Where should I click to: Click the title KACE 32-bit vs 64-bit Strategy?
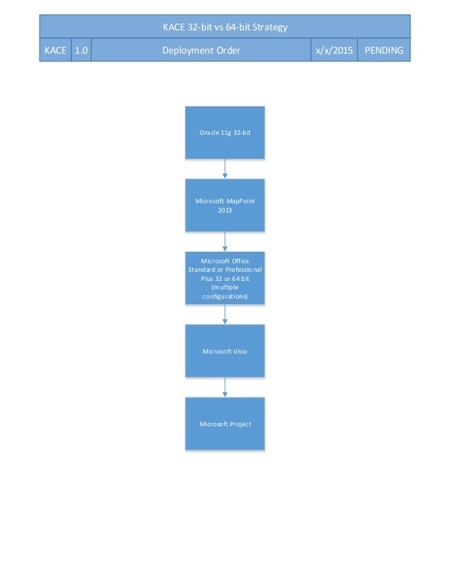pyautogui.click(x=225, y=28)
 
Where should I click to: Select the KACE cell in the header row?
pyautogui.click(x=55, y=51)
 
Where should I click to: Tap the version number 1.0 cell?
pyautogui.click(x=81, y=51)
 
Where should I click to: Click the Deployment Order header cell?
pyautogui.click(x=201, y=51)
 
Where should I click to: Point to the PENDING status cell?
pyautogui.click(x=384, y=51)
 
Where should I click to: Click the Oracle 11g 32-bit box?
pyautogui.click(x=225, y=132)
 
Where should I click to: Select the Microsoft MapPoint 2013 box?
pyautogui.click(x=225, y=205)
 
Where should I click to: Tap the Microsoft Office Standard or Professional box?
pyautogui.click(x=225, y=278)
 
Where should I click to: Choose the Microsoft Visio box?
pyautogui.click(x=225, y=351)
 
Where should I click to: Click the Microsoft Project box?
pyautogui.click(x=225, y=423)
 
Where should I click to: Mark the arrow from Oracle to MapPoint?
pyautogui.click(x=225, y=169)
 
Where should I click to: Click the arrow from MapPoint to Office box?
pyautogui.click(x=225, y=241)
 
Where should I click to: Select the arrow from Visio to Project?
pyautogui.click(x=225, y=387)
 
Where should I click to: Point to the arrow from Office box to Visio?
pyautogui.click(x=225, y=314)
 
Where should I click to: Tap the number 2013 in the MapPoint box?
pyautogui.click(x=225, y=210)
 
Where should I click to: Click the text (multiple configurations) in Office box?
pyautogui.click(x=225, y=292)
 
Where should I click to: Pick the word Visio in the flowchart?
pyautogui.click(x=237, y=351)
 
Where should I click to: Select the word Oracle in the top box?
pyautogui.click(x=210, y=132)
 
